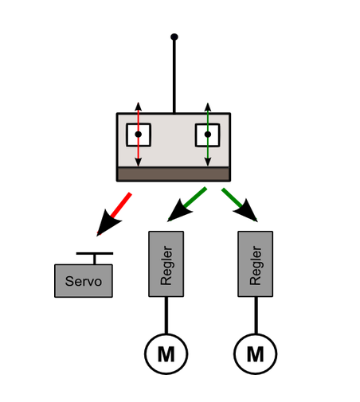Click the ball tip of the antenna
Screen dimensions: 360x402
click(x=174, y=37)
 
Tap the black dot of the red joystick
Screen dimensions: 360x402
click(x=139, y=135)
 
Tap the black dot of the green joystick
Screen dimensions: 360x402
click(x=208, y=135)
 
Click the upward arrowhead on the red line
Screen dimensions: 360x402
click(x=138, y=106)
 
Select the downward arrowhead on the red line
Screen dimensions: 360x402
click(x=138, y=162)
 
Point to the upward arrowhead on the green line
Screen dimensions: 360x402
click(x=208, y=107)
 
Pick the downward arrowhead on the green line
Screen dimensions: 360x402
click(x=208, y=162)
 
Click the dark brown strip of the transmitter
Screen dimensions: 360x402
click(x=174, y=174)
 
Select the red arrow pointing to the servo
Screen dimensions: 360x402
click(x=114, y=214)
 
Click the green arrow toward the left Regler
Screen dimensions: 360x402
click(x=187, y=204)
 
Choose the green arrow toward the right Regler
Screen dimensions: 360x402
click(x=240, y=205)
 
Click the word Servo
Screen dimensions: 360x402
click(x=84, y=281)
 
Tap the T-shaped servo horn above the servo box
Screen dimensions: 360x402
click(x=95, y=258)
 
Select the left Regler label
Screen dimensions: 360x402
click(x=166, y=266)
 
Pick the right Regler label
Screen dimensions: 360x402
click(x=256, y=266)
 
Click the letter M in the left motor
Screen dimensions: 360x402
click(x=166, y=354)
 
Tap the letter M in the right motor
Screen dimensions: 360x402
click(x=256, y=354)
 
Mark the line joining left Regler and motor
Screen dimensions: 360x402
click(x=166, y=315)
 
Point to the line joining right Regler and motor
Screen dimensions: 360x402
click(x=256, y=315)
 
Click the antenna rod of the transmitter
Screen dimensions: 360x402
click(x=174, y=76)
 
